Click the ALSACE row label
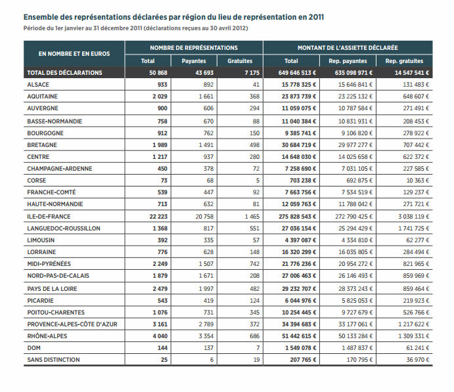point(38,85)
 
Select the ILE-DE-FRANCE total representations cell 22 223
point(158,217)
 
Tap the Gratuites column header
point(240,61)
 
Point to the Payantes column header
point(194,61)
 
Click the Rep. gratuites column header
point(404,61)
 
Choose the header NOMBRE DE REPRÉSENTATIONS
point(194,48)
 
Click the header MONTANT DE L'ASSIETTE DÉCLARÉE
point(348,48)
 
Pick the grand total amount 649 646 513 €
point(297,73)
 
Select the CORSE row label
point(37,181)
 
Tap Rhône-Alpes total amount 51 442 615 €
point(299,336)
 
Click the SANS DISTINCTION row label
point(53,360)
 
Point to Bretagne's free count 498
point(254,145)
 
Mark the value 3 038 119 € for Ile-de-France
point(413,217)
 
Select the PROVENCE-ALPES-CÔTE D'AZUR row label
point(72,324)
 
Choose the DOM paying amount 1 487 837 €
point(357,348)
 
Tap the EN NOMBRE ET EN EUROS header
point(74,54)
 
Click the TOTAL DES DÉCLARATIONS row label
point(64,73)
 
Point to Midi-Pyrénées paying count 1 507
point(206,264)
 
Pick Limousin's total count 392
point(162,240)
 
